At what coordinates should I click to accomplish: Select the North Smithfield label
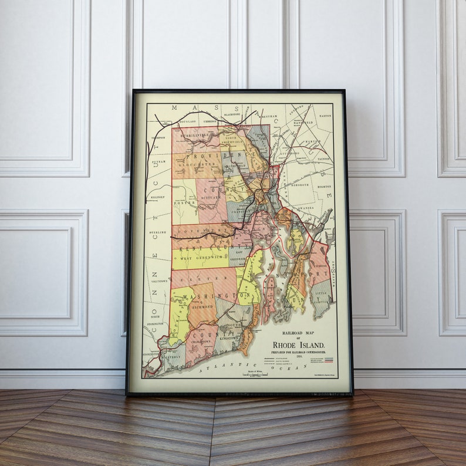tap(234, 137)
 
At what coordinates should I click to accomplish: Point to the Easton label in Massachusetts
tap(325, 116)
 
